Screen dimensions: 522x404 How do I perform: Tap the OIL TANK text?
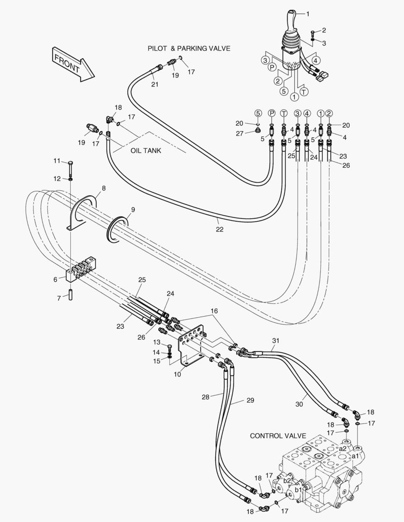coord(146,150)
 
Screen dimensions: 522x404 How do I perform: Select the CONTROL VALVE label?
coord(278,436)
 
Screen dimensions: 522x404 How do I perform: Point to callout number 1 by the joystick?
coord(308,14)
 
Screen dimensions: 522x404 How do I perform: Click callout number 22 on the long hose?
coord(220,229)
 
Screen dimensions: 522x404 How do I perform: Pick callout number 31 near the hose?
coord(275,341)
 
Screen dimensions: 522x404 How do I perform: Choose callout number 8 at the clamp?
coord(104,188)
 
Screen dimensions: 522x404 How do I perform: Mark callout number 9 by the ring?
coord(133,210)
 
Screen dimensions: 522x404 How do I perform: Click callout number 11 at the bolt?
coord(57,160)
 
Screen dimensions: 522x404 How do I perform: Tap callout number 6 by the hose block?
coord(56,279)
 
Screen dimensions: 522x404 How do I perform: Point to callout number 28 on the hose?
coord(206,397)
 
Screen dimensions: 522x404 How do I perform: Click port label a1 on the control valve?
coord(355,456)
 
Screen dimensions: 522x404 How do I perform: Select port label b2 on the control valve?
coord(287,480)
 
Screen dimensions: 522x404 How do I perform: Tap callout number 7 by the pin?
coord(59,298)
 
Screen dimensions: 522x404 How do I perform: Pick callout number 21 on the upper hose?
coord(155,85)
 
